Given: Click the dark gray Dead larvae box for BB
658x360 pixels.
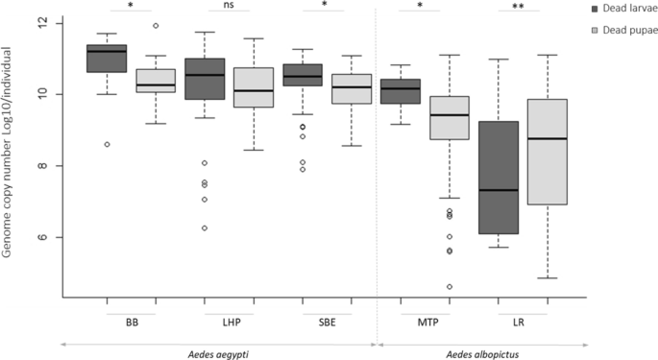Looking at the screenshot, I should (107, 59).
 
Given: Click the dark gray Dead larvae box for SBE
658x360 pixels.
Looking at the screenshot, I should (303, 75).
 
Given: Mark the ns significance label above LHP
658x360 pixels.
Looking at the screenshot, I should (229, 6).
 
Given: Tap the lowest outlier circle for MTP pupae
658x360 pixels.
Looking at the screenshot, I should (450, 286).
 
